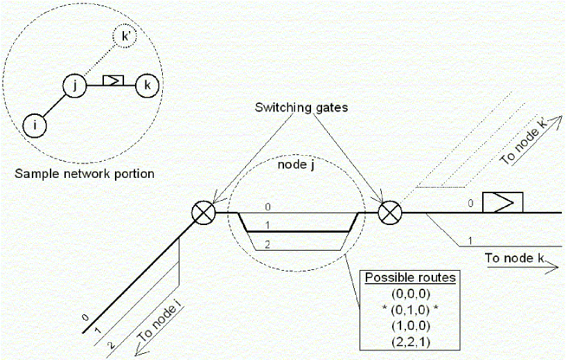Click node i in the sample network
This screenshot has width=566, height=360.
(x=34, y=125)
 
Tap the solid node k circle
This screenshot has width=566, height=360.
(x=146, y=86)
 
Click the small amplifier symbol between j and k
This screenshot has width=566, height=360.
(x=112, y=81)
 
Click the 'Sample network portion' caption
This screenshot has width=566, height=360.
(x=84, y=173)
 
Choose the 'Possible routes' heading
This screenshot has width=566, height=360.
(x=411, y=278)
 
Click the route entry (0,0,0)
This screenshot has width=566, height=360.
(x=412, y=293)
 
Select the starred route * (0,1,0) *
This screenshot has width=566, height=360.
(x=412, y=308)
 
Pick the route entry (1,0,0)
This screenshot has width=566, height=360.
(x=412, y=323)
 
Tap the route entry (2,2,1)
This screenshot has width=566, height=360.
(x=412, y=339)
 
